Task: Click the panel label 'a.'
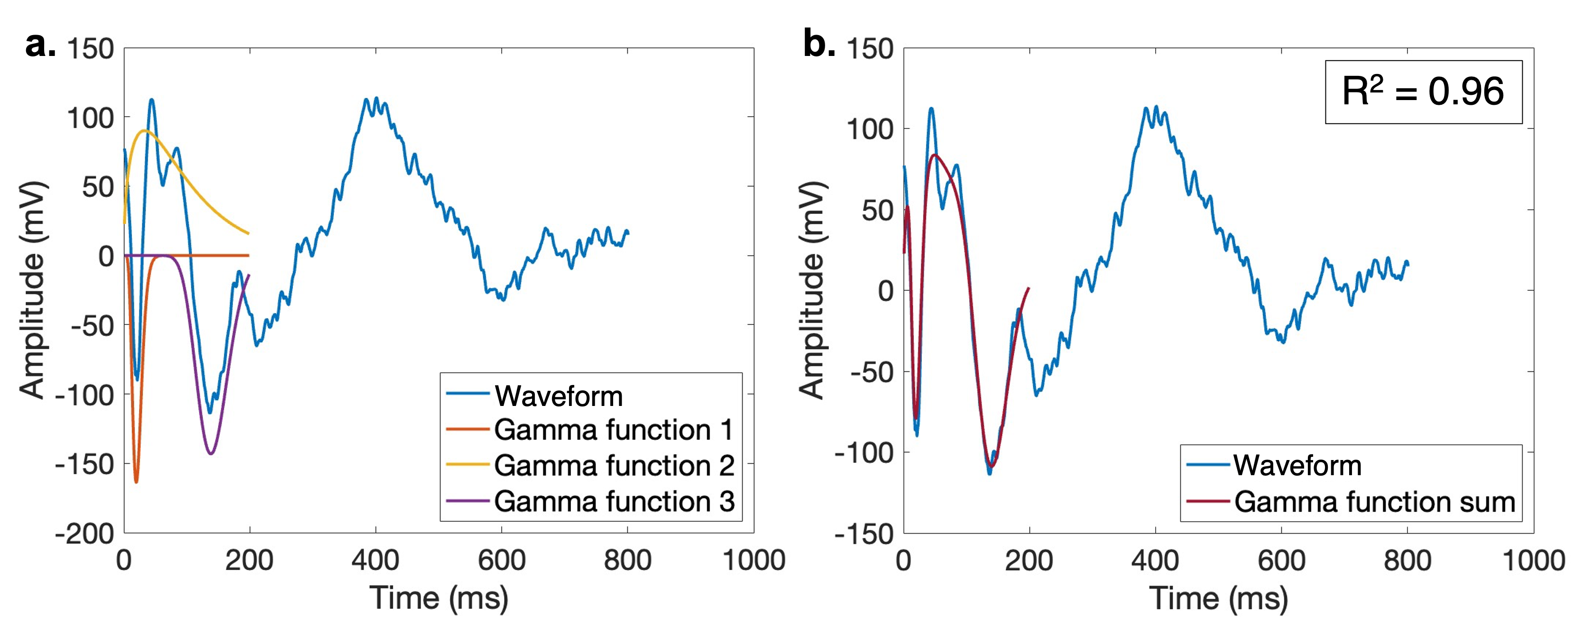40,46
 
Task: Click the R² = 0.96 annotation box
1423,92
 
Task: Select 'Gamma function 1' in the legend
614,430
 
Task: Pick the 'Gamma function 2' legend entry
614,465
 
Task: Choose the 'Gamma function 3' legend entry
614,501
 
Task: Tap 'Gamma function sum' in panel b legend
1374,502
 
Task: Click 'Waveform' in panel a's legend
559,396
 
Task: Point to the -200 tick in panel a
85,533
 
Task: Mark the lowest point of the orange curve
136,482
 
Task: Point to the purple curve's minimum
211,454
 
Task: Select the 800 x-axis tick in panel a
628,561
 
